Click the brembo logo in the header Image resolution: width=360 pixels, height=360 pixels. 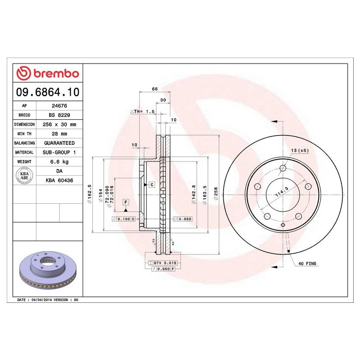pos(47,73)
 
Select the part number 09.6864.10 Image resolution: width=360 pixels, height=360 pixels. pos(47,91)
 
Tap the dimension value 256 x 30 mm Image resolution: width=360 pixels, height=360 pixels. pos(59,125)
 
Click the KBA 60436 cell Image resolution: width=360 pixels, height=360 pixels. pos(59,180)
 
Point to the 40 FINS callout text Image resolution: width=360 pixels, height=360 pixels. pos(307,263)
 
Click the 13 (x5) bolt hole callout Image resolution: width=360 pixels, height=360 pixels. pos(300,151)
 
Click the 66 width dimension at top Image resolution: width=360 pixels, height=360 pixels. pos(155,89)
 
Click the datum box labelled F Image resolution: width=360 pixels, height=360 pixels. pos(126,202)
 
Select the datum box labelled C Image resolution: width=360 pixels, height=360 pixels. pos(151,185)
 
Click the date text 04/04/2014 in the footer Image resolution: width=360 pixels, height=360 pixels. pos(42,299)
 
